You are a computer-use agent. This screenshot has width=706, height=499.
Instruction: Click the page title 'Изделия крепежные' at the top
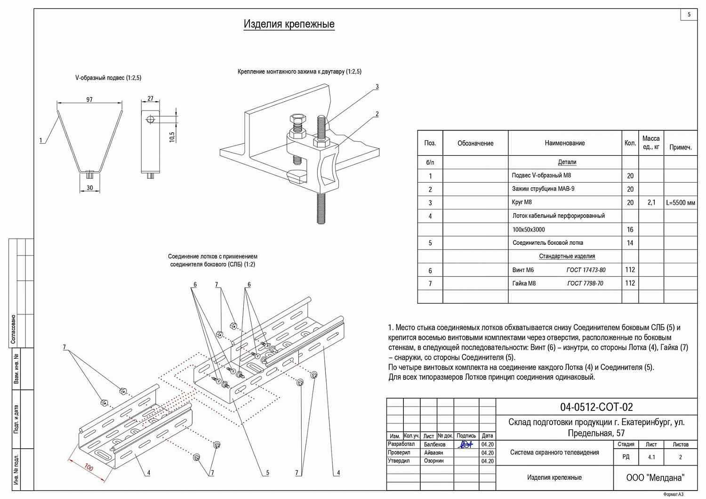[x=289, y=24]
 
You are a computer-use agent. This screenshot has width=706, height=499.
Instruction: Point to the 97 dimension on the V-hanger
[x=89, y=99]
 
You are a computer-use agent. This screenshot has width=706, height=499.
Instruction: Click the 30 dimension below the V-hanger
[x=89, y=187]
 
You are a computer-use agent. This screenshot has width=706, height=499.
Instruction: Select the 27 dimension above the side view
[x=150, y=99]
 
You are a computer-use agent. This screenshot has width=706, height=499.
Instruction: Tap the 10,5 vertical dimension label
[x=172, y=137]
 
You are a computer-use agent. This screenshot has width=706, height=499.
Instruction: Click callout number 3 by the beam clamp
[x=377, y=87]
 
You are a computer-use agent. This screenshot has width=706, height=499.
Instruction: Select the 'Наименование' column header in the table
[x=565, y=143]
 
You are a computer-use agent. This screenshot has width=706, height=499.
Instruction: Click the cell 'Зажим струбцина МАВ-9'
[x=543, y=189]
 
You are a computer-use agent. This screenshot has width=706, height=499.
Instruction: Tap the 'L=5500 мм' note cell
[x=681, y=203]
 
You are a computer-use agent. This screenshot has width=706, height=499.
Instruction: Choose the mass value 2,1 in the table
[x=651, y=202]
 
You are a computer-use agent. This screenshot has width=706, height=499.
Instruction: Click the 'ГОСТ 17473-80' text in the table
[x=586, y=270]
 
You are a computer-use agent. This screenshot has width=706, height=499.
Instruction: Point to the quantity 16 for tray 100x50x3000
[x=630, y=230]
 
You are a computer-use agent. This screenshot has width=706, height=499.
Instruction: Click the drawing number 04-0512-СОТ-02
[x=596, y=407]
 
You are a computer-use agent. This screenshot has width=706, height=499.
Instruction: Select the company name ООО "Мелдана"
[x=655, y=478]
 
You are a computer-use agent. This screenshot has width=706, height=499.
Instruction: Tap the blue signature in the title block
[x=465, y=444]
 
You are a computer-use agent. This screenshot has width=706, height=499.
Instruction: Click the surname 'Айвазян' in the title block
[x=433, y=452]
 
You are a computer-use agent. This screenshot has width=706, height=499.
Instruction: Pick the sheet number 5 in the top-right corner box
[x=689, y=15]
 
